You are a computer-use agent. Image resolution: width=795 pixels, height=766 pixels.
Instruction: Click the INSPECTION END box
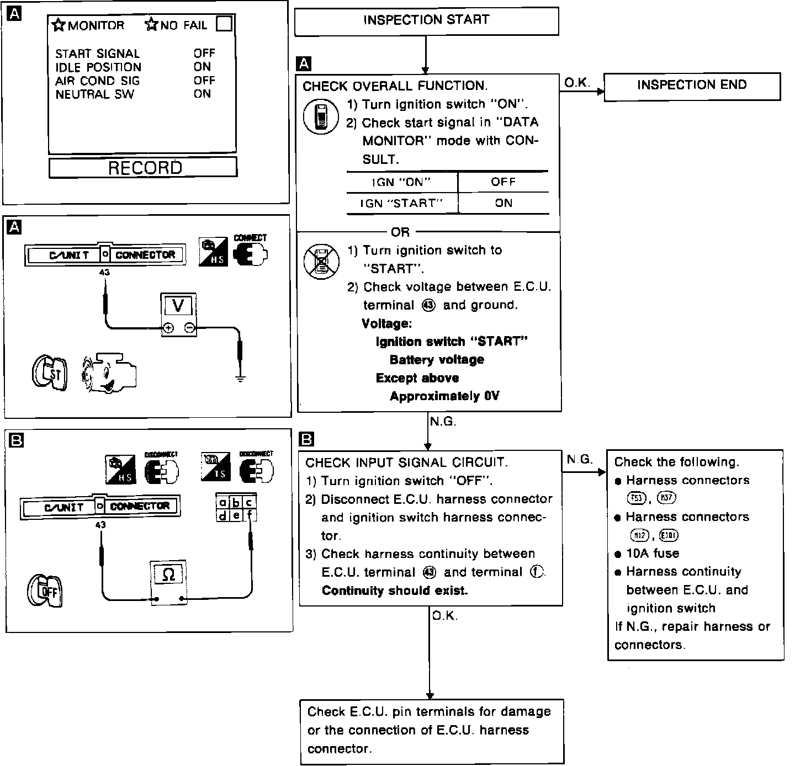point(692,86)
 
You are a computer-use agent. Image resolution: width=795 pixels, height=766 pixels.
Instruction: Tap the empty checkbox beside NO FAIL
point(224,24)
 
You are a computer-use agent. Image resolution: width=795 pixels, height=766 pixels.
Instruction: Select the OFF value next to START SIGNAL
point(204,54)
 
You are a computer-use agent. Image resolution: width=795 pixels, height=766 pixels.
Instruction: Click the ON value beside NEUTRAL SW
point(202,94)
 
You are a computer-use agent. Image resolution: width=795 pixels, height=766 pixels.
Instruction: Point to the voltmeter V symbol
point(178,305)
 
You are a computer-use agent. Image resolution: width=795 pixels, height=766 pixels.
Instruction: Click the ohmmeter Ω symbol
point(169,574)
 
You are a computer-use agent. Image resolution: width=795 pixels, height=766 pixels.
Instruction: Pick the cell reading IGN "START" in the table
point(402,203)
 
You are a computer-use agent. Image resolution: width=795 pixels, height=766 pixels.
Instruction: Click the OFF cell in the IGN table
point(503,182)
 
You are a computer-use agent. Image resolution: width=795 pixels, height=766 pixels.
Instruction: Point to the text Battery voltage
point(437,360)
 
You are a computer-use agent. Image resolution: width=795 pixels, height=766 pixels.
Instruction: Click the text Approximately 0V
point(444,396)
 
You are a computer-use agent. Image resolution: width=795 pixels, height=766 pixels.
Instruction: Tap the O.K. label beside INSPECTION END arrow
point(577,83)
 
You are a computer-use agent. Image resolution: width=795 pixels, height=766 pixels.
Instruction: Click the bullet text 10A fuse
point(653,554)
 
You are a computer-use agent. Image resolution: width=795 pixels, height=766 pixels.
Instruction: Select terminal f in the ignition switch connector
point(250,516)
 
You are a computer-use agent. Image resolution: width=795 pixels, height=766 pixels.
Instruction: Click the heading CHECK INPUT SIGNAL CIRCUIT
point(406,462)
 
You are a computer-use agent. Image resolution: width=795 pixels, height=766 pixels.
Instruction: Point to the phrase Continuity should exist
point(395,591)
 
